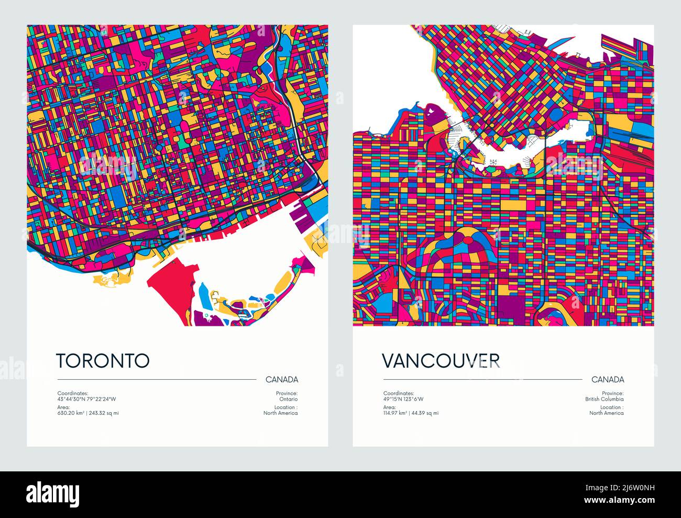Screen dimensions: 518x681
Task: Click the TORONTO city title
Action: tap(103, 360)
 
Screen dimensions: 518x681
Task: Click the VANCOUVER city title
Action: tap(441, 360)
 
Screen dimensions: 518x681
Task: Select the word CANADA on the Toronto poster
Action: tap(282, 380)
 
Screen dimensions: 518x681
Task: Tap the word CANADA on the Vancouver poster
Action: tap(608, 380)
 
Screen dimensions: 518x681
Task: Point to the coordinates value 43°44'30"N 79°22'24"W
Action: tap(86, 399)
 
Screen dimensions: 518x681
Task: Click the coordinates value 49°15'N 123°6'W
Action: tap(403, 399)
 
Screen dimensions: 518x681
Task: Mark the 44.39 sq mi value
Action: tap(425, 413)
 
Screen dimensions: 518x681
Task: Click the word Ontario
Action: tap(288, 399)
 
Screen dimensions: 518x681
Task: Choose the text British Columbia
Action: tap(605, 399)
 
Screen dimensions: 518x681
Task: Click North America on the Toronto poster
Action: tap(280, 413)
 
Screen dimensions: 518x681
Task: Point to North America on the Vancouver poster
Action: tap(606, 413)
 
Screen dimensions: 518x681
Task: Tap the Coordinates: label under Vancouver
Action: tap(399, 393)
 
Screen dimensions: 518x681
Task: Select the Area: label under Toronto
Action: tap(64, 407)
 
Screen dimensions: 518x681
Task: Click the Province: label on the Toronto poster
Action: tap(287, 393)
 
